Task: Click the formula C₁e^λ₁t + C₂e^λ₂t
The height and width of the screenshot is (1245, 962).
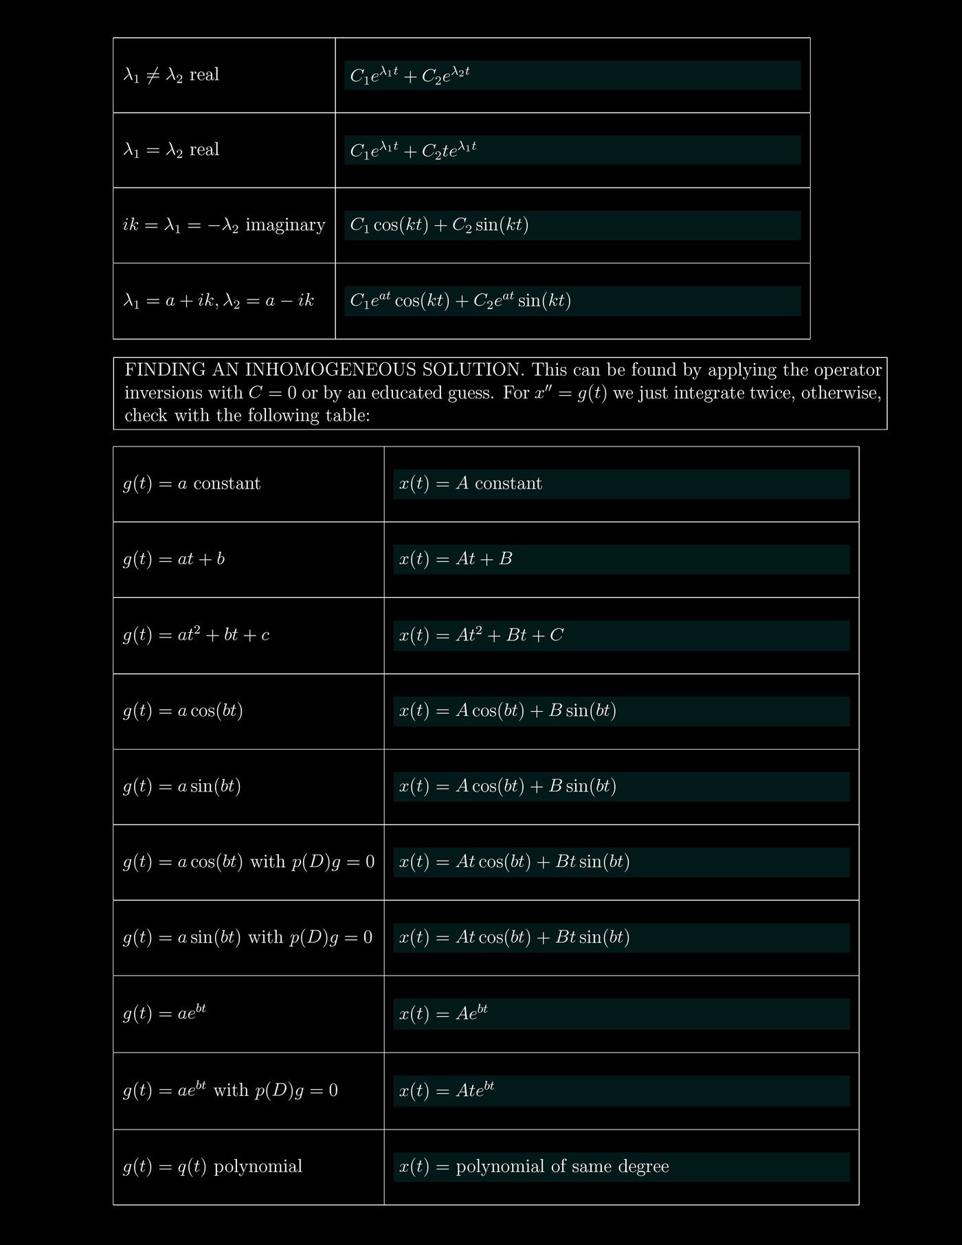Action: click(410, 75)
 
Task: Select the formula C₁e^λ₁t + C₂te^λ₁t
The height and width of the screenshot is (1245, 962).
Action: click(413, 150)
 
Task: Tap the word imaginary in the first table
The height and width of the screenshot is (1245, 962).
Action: click(285, 225)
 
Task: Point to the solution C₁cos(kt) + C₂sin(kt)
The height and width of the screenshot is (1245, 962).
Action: click(439, 225)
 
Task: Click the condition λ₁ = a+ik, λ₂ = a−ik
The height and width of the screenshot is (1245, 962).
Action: click(219, 301)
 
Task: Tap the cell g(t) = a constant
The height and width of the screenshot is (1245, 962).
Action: click(192, 484)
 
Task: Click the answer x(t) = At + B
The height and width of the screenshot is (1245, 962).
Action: click(456, 559)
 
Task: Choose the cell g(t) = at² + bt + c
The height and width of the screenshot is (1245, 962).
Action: click(196, 635)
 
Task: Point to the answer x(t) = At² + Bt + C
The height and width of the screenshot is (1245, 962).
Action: click(481, 635)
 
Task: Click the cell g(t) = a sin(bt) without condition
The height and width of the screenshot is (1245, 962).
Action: click(182, 786)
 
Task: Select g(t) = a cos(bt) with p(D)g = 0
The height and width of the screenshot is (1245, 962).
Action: click(249, 862)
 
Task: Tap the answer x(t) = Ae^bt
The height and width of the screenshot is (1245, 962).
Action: click(443, 1013)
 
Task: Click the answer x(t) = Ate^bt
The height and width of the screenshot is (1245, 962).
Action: click(447, 1090)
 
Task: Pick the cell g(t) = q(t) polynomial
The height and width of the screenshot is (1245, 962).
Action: click(212, 1167)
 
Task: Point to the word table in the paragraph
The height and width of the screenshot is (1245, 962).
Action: click(347, 416)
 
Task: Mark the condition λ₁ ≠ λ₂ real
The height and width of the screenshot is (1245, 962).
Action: click(171, 75)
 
